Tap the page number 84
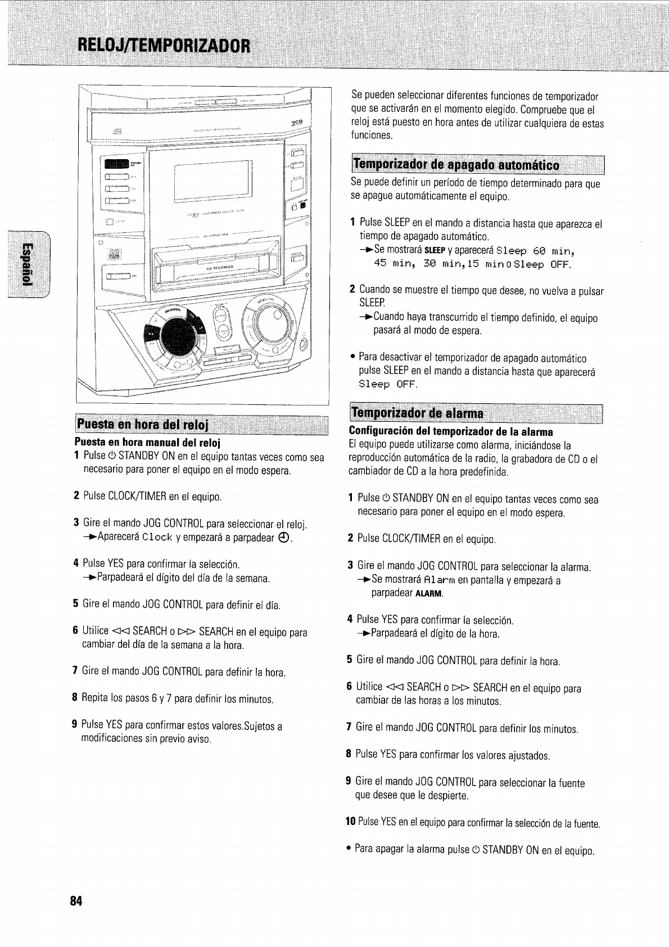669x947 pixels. pyautogui.click(x=76, y=901)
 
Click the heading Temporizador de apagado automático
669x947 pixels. pyautogui.click(x=456, y=165)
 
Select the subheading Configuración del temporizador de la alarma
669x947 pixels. pyautogui.click(x=451, y=432)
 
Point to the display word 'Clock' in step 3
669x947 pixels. pyautogui.click(x=158, y=538)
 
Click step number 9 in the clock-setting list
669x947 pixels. pyautogui.click(x=75, y=726)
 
